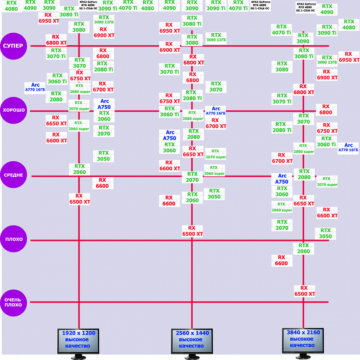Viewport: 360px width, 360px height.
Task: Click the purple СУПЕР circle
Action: pyautogui.click(x=14, y=46)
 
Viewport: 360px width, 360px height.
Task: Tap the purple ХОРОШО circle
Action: pyautogui.click(x=14, y=111)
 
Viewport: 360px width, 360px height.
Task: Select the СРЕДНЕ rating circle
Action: pyautogui.click(x=14, y=175)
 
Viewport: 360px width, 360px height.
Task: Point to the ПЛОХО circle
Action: pyautogui.click(x=14, y=240)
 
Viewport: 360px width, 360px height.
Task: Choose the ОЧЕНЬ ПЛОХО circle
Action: pyautogui.click(x=14, y=302)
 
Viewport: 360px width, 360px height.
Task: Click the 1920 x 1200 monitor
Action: pyautogui.click(x=79, y=340)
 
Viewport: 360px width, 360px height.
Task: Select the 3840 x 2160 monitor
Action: pyautogui.click(x=304, y=340)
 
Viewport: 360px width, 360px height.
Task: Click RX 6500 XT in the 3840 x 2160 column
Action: pyautogui.click(x=305, y=291)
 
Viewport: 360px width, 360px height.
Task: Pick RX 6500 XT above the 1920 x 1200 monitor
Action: pyautogui.click(x=79, y=198)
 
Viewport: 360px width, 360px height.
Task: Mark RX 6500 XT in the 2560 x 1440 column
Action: pyautogui.click(x=192, y=231)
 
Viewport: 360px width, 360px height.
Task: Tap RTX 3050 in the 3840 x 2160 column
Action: pyautogui.click(x=325, y=233)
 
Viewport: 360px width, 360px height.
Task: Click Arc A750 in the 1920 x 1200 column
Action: pyautogui.click(x=105, y=104)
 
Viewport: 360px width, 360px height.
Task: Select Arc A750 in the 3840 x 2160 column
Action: pyautogui.click(x=282, y=179)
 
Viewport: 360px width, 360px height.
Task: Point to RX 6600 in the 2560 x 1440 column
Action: pyautogui.click(x=169, y=200)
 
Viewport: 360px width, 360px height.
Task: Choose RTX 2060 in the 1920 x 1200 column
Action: pyautogui.click(x=79, y=169)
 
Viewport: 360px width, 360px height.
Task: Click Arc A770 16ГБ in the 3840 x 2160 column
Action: pyautogui.click(x=348, y=147)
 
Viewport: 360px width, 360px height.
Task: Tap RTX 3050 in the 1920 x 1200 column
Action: pyautogui.click(x=103, y=156)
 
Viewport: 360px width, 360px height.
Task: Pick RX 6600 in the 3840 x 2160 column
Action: pyautogui.click(x=281, y=260)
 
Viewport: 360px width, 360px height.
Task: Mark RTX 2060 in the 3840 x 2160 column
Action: pyautogui.click(x=304, y=248)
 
